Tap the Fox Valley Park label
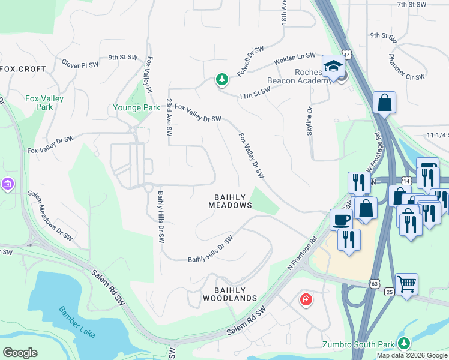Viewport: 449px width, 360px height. point(44,103)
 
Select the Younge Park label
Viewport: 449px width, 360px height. point(136,108)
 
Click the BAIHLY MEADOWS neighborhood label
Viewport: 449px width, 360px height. point(230,201)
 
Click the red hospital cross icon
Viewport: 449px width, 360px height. point(306,299)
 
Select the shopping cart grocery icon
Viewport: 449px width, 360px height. point(407,283)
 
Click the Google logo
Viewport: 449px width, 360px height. point(20,353)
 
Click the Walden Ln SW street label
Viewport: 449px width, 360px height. point(295,58)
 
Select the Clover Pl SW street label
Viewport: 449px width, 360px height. point(80,62)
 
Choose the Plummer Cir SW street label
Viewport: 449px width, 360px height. point(406,69)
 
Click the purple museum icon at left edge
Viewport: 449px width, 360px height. point(7,182)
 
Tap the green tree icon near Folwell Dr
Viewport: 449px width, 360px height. point(222,79)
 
